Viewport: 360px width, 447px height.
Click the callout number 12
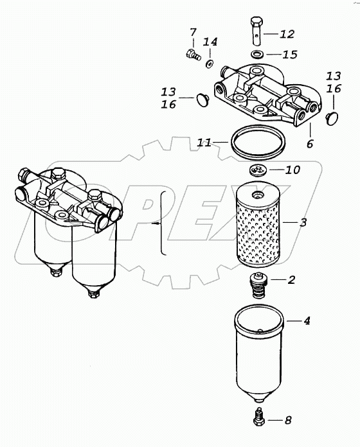[287, 34]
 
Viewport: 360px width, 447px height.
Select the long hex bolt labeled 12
[256, 31]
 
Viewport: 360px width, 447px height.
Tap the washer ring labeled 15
[257, 54]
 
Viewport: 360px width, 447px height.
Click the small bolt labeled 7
[194, 54]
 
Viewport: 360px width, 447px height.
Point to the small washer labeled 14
[210, 64]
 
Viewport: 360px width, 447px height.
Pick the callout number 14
[210, 42]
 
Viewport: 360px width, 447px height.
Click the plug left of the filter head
[203, 100]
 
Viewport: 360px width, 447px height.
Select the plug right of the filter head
[332, 118]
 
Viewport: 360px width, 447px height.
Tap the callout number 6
[310, 144]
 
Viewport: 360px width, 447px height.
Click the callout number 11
[204, 142]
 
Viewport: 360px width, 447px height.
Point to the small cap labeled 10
[257, 171]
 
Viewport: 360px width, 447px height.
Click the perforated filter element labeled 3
[258, 224]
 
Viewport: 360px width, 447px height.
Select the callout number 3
[303, 222]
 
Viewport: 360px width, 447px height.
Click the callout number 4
[307, 321]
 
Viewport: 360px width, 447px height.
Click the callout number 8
[288, 419]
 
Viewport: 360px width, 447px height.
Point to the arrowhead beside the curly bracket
[156, 223]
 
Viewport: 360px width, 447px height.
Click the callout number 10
[293, 170]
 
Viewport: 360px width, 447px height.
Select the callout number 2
[291, 279]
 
